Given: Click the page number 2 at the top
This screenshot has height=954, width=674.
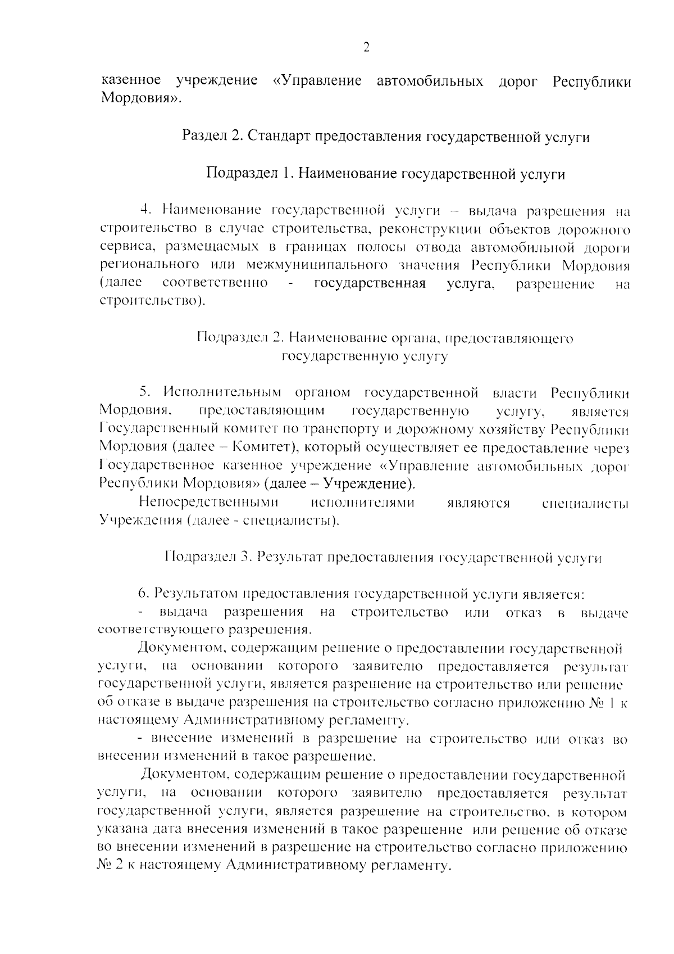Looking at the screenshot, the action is click(x=366, y=47).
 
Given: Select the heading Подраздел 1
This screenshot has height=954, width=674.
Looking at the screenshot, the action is click(x=245, y=174).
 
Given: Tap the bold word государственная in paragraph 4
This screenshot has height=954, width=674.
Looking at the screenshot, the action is click(x=369, y=283).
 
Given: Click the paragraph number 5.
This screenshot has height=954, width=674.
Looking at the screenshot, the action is click(x=143, y=392).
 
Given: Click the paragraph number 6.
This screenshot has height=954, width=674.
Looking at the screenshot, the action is click(x=143, y=594).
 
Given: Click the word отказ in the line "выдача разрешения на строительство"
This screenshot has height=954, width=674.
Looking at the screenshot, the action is click(x=523, y=612).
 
